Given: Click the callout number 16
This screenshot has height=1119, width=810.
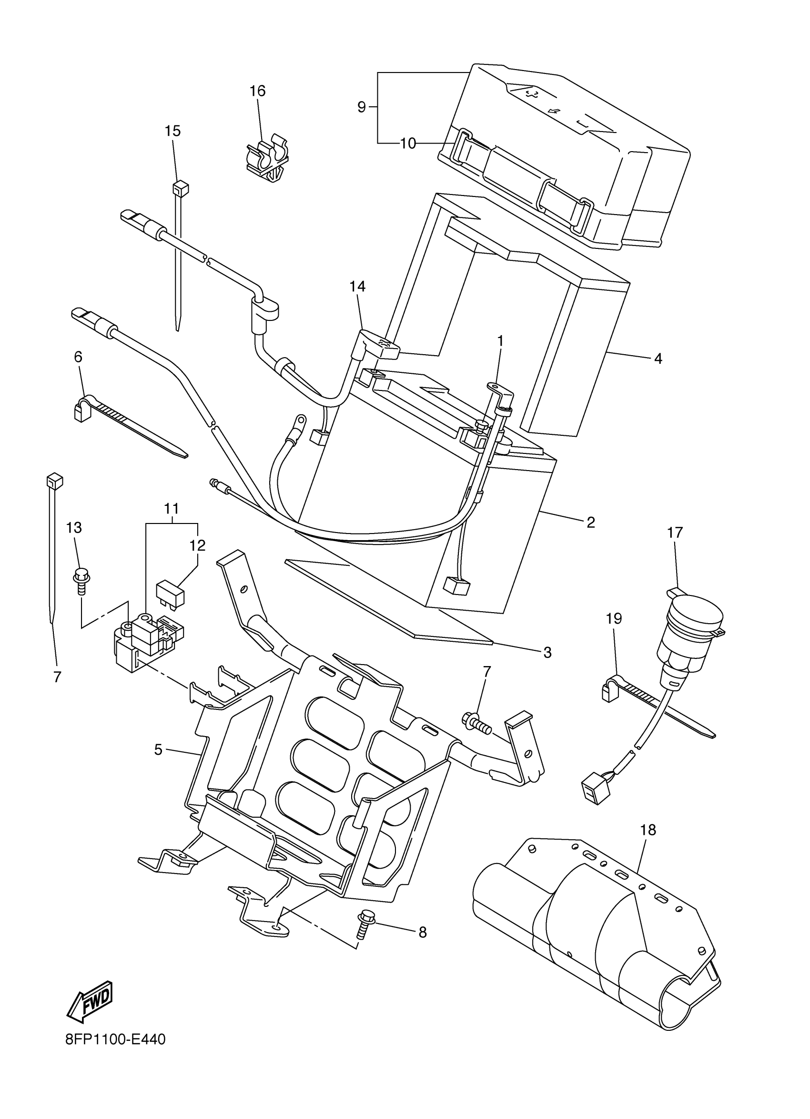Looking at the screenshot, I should (x=257, y=91).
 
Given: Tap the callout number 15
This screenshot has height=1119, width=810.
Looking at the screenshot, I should (x=172, y=131).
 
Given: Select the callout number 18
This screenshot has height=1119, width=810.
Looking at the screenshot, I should (x=648, y=831).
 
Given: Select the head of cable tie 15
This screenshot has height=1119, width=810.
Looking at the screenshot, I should (x=181, y=188).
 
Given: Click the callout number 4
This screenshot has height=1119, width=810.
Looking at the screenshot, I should (x=658, y=359).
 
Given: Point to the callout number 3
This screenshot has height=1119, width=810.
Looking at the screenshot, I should (x=547, y=652).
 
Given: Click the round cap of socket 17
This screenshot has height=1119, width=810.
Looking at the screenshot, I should (x=695, y=615).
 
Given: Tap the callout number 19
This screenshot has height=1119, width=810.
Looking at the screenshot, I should (x=614, y=618).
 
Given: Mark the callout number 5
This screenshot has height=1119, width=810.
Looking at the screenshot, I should (x=158, y=750).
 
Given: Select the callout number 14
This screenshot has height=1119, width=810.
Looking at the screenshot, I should (x=358, y=286).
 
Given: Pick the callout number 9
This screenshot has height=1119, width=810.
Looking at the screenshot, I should (x=361, y=107).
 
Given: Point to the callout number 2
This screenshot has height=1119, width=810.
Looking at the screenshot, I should (x=591, y=523).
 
